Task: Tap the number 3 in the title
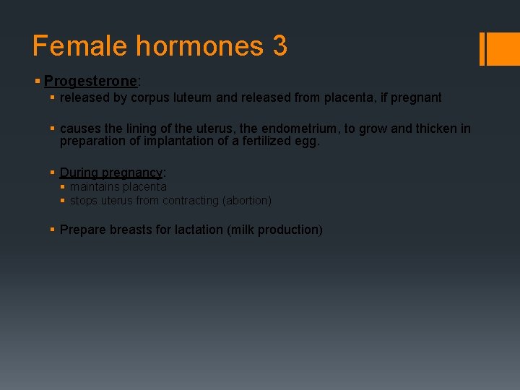(x=279, y=46)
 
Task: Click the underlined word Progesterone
(x=90, y=81)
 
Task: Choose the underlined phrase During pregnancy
(x=111, y=173)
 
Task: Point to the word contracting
(x=190, y=201)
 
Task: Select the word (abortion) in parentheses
(x=247, y=201)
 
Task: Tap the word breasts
(x=124, y=230)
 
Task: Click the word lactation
(x=199, y=230)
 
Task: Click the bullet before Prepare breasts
(x=53, y=230)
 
